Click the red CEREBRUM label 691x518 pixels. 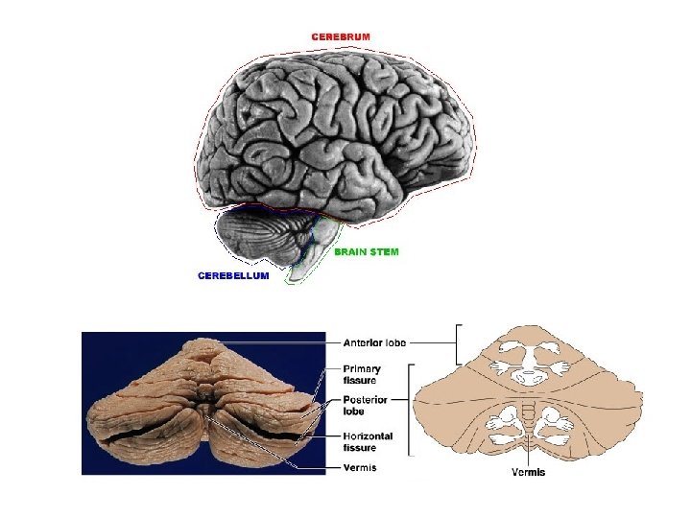pyautogui.click(x=340, y=36)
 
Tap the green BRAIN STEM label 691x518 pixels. pyautogui.click(x=366, y=252)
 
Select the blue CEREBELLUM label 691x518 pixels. pyautogui.click(x=233, y=275)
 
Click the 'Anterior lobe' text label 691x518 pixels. pyautogui.click(x=374, y=341)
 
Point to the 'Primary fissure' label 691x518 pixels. pyautogui.click(x=362, y=373)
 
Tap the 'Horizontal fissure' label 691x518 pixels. pyautogui.click(x=368, y=441)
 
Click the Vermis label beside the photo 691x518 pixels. pyautogui.click(x=360, y=467)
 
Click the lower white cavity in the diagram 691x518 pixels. pyautogui.click(x=527, y=421)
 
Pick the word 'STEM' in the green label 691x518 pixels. pyautogui.click(x=382, y=252)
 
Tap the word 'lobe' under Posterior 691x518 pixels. pyautogui.click(x=354, y=412)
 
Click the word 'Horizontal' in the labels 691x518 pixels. pyautogui.click(x=368, y=436)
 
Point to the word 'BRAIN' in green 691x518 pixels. pyautogui.click(x=349, y=252)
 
